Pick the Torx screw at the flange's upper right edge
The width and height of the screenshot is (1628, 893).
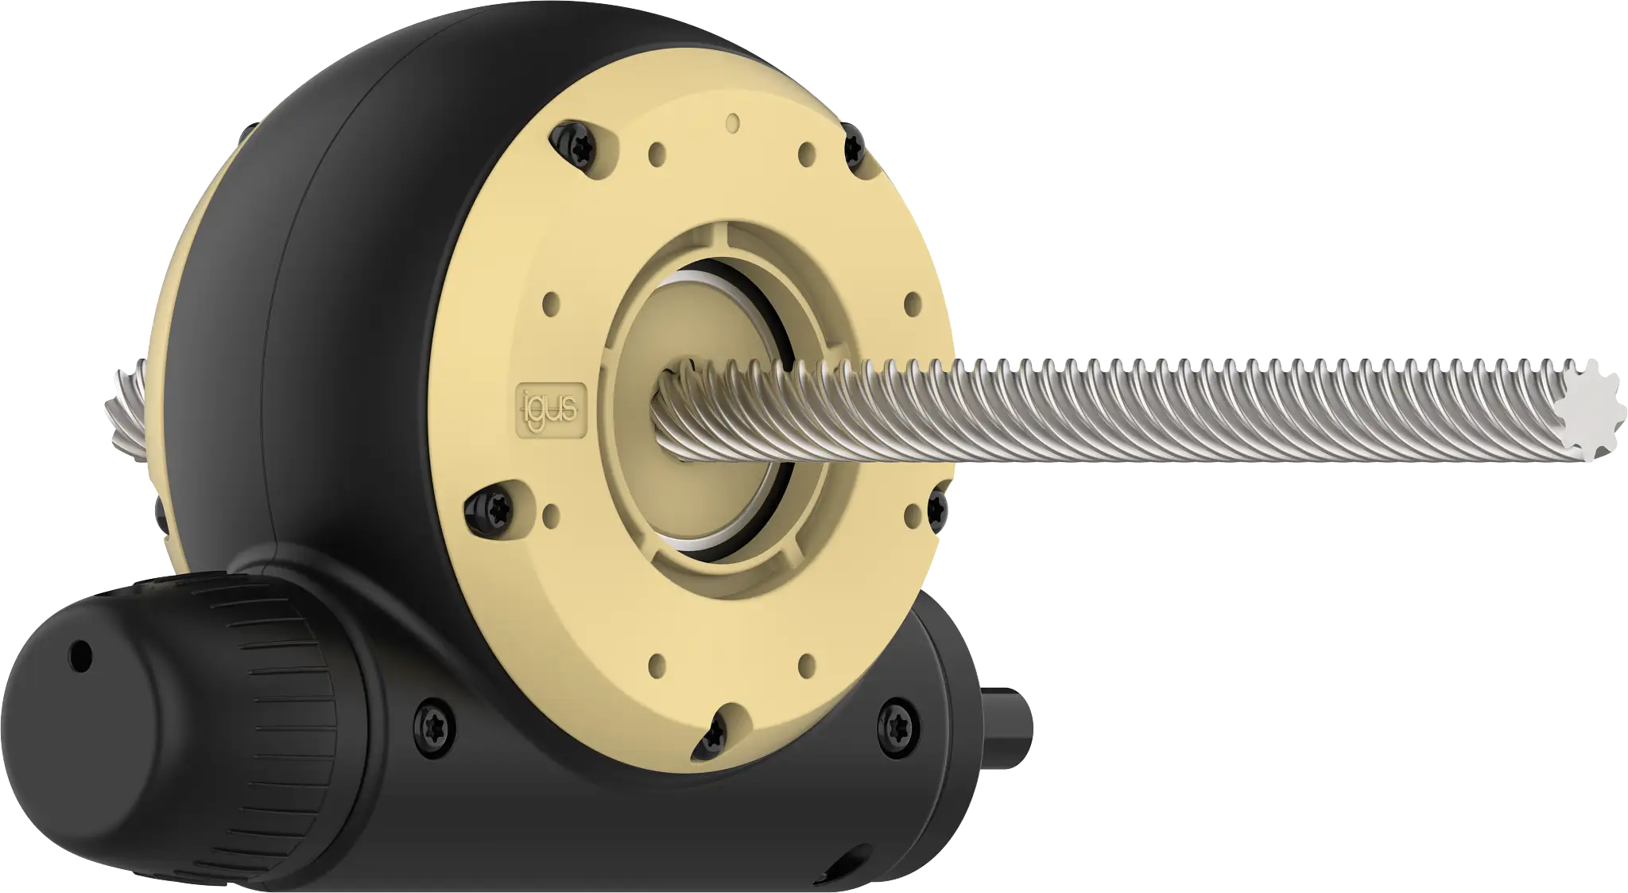(855, 146)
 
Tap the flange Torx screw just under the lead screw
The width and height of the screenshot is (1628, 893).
(939, 507)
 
